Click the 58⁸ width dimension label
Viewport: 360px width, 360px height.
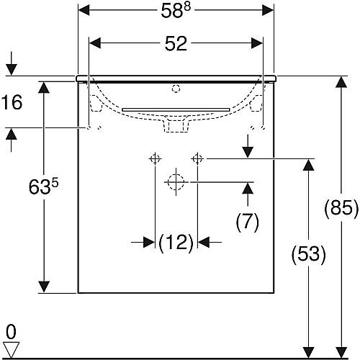point(176,11)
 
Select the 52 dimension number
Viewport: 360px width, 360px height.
point(176,44)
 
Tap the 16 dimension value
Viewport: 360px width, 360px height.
point(12,102)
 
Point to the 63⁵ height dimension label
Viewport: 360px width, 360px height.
point(43,186)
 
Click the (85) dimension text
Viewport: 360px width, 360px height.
point(341,208)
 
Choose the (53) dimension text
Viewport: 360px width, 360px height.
point(308,254)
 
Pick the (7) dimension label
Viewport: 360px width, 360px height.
point(248,222)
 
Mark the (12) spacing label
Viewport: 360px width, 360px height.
point(176,243)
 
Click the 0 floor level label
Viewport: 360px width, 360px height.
point(11,332)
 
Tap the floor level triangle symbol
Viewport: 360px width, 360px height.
point(12,350)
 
